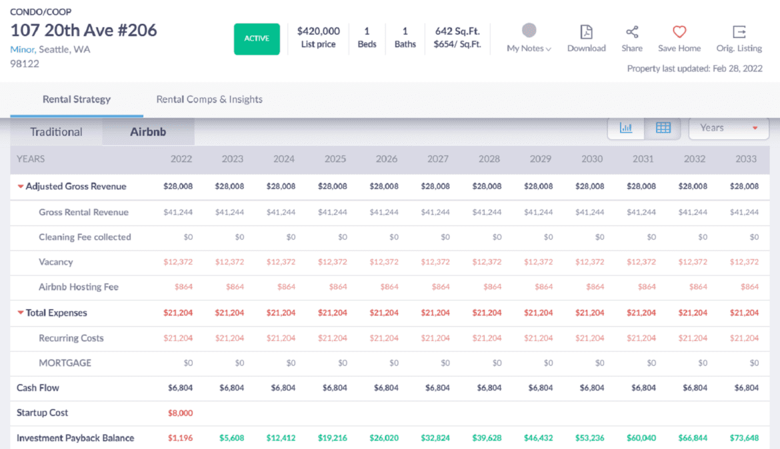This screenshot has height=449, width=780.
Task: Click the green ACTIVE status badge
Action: [x=257, y=39]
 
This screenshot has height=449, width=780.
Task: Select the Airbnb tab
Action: [x=148, y=132]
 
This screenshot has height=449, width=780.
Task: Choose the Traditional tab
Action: [x=56, y=132]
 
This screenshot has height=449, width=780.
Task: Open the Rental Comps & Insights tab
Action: [x=209, y=99]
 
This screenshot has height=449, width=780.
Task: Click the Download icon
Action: [x=586, y=32]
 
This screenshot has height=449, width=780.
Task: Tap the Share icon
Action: [x=632, y=32]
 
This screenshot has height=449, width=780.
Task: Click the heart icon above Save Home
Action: [x=679, y=32]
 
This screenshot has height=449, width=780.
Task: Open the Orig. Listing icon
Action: [x=739, y=32]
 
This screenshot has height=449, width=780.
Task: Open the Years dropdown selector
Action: [x=728, y=128]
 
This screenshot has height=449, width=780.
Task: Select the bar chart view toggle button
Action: [x=626, y=128]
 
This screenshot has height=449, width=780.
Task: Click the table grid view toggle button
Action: [x=663, y=128]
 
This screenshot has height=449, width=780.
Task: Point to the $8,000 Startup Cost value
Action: [x=180, y=413]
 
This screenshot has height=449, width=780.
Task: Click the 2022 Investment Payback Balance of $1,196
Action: [x=180, y=438]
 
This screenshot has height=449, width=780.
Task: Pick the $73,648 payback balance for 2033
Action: [x=745, y=438]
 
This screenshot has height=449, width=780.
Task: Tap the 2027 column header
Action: [x=438, y=159]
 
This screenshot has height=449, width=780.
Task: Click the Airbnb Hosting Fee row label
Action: [x=79, y=287]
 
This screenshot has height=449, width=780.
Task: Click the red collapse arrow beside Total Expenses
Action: [x=21, y=312]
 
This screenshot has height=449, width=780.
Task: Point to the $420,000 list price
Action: [x=319, y=31]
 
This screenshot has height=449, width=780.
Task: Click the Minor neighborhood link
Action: [x=23, y=49]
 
